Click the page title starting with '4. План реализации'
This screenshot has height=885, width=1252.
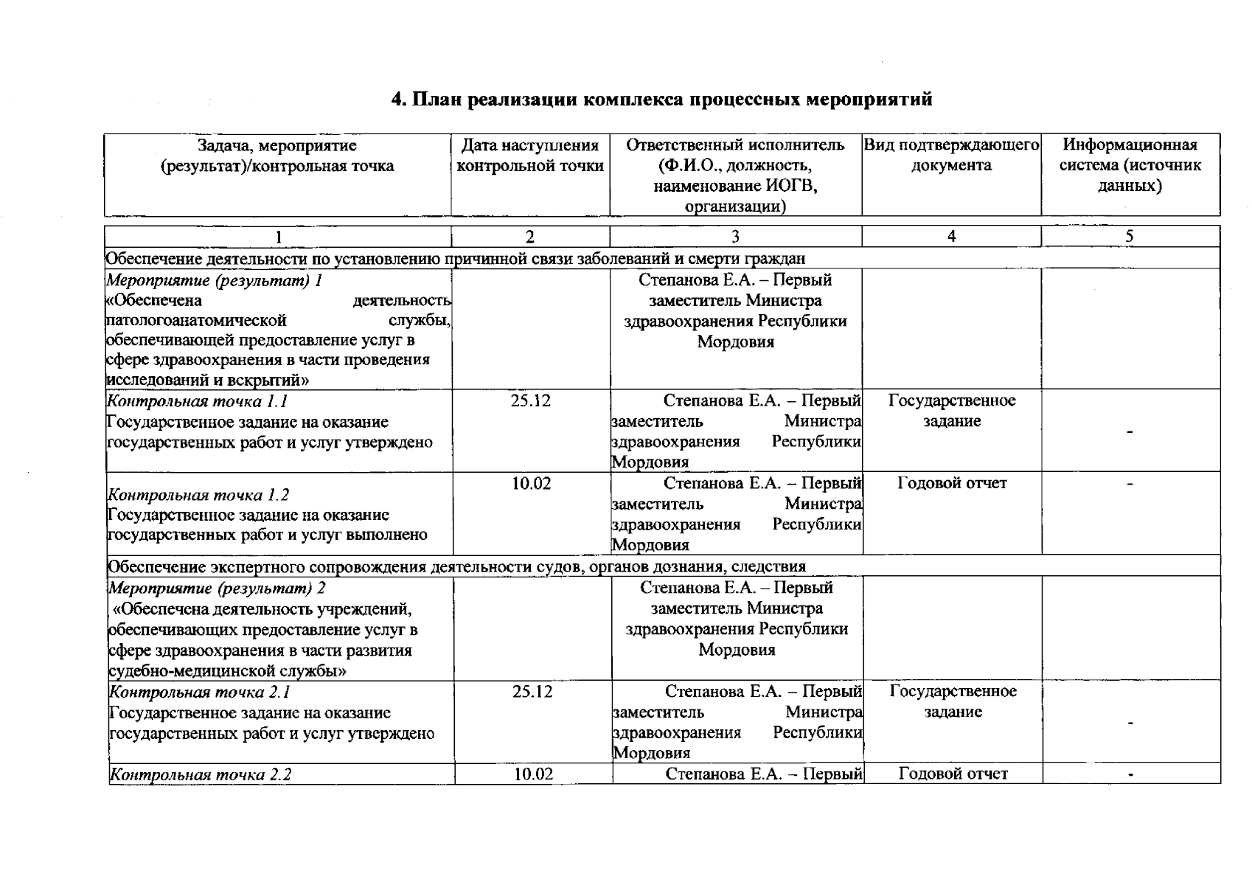click(661, 100)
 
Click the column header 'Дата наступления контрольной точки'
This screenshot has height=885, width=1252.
click(530, 156)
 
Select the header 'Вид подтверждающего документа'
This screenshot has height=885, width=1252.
click(951, 156)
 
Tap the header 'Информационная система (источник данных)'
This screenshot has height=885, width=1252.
click(1130, 165)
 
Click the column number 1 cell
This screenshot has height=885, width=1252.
click(278, 237)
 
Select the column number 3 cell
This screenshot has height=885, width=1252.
click(735, 237)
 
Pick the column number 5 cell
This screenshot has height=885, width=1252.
click(1130, 237)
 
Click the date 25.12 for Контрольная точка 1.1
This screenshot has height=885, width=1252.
click(531, 401)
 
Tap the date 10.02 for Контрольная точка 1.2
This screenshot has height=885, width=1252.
click(531, 484)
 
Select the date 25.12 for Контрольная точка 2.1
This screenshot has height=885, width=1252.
click(532, 692)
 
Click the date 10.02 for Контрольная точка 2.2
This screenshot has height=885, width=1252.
click(533, 774)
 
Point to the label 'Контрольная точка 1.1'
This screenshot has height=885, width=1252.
click(198, 402)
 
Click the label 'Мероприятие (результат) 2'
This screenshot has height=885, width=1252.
click(218, 589)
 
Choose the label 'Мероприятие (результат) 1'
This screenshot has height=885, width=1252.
click(215, 281)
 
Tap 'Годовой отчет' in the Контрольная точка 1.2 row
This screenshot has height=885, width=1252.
click(952, 484)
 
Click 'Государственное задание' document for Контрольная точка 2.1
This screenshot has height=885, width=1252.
click(953, 701)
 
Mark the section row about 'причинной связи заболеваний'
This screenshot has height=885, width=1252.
click(456, 259)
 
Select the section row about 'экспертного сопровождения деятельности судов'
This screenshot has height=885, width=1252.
click(457, 566)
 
